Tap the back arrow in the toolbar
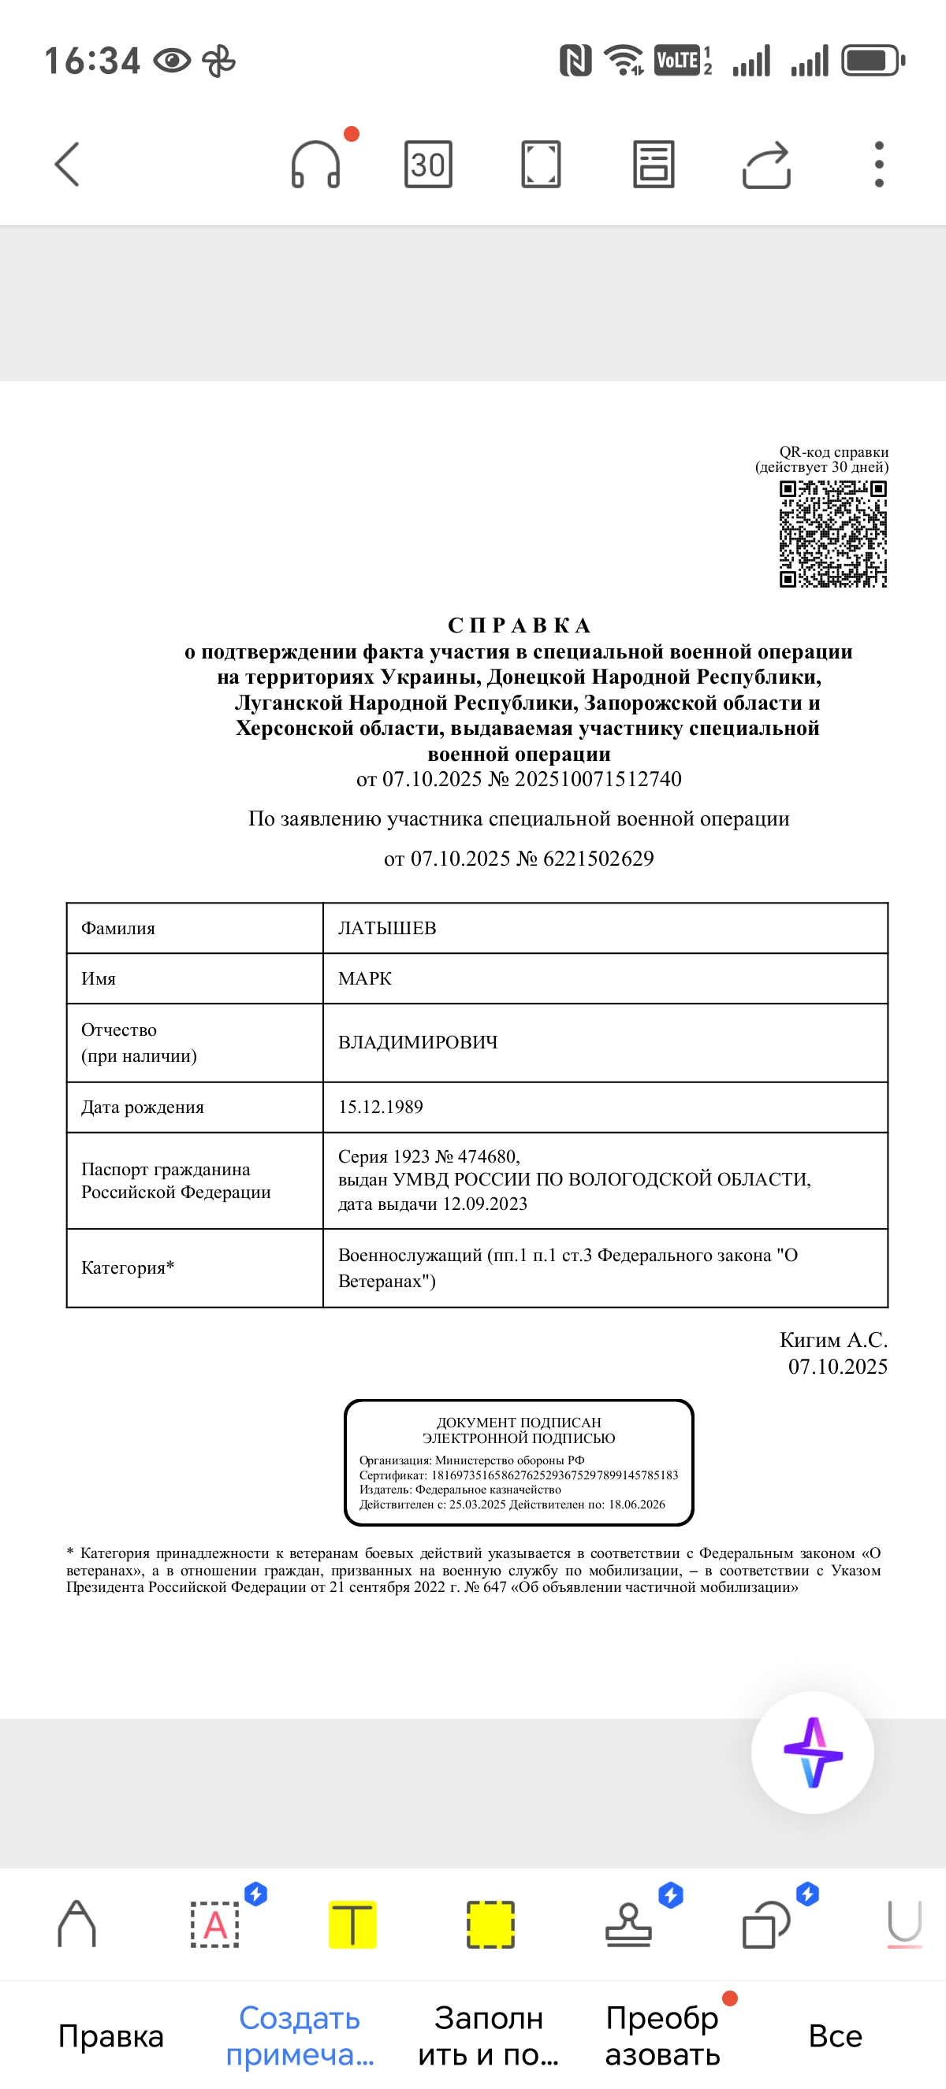[67, 164]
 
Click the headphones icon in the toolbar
[315, 165]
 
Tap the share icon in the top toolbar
[766, 165]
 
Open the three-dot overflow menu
[879, 165]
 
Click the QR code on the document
[832, 533]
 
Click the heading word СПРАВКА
[520, 625]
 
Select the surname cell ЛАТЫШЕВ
[387, 928]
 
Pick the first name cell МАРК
[365, 978]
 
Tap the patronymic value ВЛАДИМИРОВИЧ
[418, 1042]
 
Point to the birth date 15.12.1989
[381, 1107]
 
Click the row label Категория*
[128, 1267]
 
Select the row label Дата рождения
[142, 1107]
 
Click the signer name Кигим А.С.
[833, 1340]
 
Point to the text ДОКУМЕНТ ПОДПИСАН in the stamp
[519, 1423]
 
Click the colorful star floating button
[812, 1753]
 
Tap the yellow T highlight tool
[352, 1924]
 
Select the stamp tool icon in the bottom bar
[629, 1924]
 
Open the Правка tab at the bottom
[111, 2035]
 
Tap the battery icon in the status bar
[872, 61]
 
